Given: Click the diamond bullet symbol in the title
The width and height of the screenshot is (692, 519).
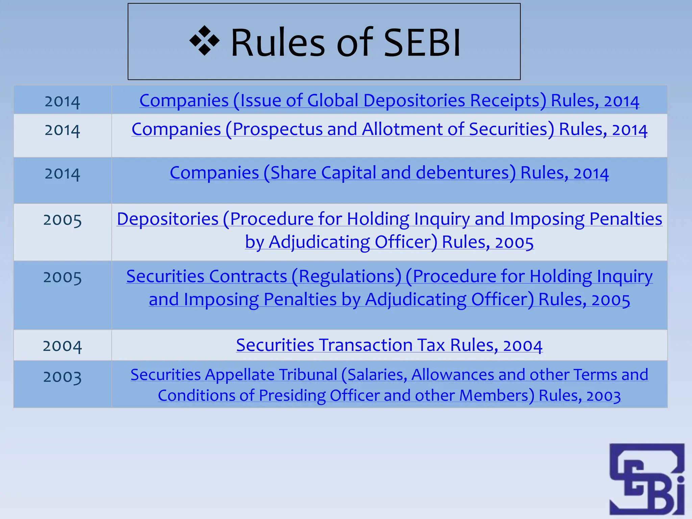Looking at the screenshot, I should click(204, 41).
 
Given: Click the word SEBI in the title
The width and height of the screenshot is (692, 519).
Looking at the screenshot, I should click(422, 43).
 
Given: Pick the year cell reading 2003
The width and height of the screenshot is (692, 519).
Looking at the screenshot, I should click(63, 377).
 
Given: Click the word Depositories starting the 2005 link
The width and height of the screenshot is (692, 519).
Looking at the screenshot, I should click(168, 219).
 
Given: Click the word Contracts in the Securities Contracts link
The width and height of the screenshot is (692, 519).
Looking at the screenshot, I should click(248, 276).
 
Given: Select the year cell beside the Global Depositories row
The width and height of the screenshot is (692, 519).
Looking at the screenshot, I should click(63, 101).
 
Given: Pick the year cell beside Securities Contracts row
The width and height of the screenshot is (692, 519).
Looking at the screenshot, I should click(63, 277).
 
